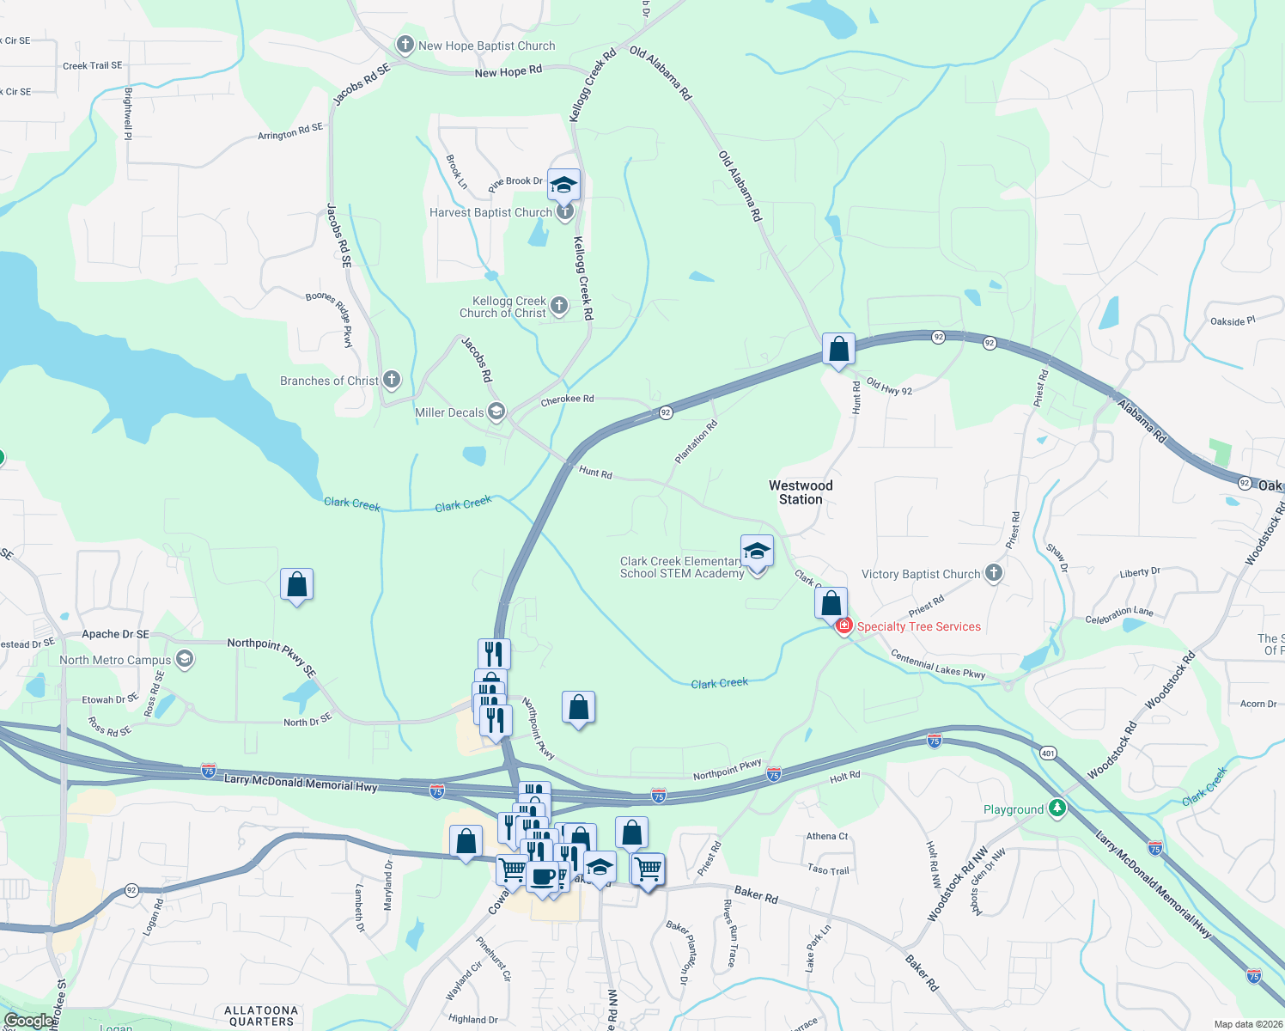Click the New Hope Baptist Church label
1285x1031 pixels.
[486, 46]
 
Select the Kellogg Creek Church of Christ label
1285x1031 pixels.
[502, 307]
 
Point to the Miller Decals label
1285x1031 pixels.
[449, 412]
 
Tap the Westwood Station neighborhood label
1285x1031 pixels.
[801, 492]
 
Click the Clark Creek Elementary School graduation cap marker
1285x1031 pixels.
[757, 552]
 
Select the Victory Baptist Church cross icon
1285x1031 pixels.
[994, 573]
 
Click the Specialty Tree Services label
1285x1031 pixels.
[918, 626]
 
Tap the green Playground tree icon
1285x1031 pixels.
[1057, 808]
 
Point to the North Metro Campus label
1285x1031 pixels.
[115, 660]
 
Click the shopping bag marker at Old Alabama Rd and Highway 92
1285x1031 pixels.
[838, 350]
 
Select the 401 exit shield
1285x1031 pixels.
[1048, 753]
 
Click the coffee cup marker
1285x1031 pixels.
[543, 877]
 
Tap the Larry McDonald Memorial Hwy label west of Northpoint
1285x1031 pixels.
[300, 784]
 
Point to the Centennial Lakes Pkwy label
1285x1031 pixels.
[938, 664]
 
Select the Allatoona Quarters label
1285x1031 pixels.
[261, 1016]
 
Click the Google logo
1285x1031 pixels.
[28, 1021]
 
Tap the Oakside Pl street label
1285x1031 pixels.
[1233, 321]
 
